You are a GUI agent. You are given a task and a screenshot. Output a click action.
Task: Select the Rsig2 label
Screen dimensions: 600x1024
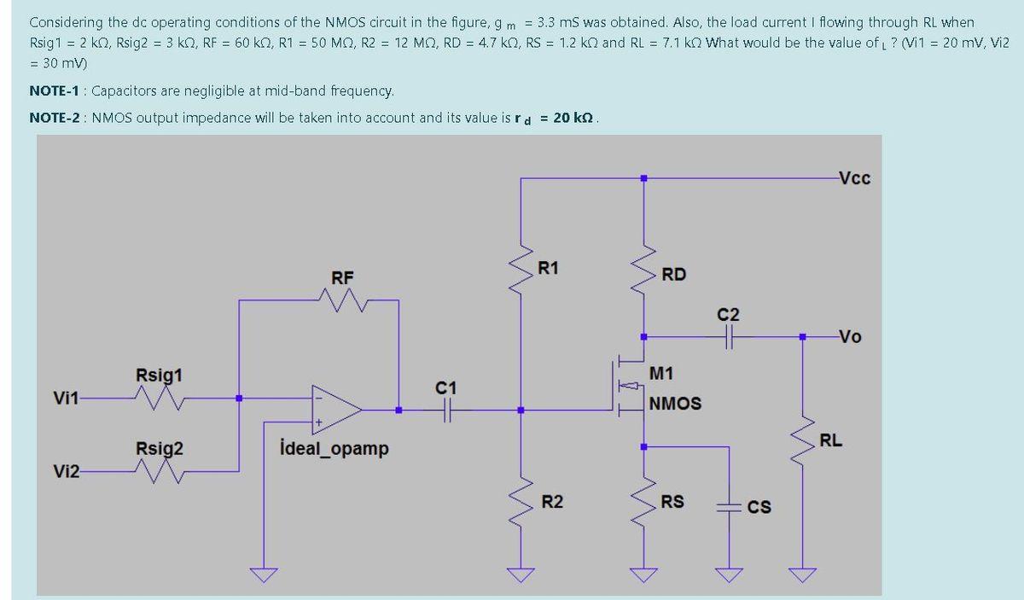pos(159,449)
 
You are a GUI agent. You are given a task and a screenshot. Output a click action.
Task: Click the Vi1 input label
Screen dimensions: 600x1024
pos(67,399)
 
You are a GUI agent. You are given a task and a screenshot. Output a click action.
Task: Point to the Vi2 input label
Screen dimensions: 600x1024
pos(67,471)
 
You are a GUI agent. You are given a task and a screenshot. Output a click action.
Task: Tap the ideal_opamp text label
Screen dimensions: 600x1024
pos(334,448)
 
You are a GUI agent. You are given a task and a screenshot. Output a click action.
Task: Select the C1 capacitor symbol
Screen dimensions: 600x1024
pos(446,411)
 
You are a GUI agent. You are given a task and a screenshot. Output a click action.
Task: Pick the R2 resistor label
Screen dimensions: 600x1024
pos(552,501)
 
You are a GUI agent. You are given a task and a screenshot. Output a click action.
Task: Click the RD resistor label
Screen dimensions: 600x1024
pos(674,275)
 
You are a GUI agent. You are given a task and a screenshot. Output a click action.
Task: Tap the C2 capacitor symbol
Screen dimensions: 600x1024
pos(729,337)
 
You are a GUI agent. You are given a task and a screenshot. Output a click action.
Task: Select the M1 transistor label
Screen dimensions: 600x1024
pos(661,373)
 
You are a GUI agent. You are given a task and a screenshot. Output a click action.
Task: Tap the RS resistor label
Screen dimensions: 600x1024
pos(672,502)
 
